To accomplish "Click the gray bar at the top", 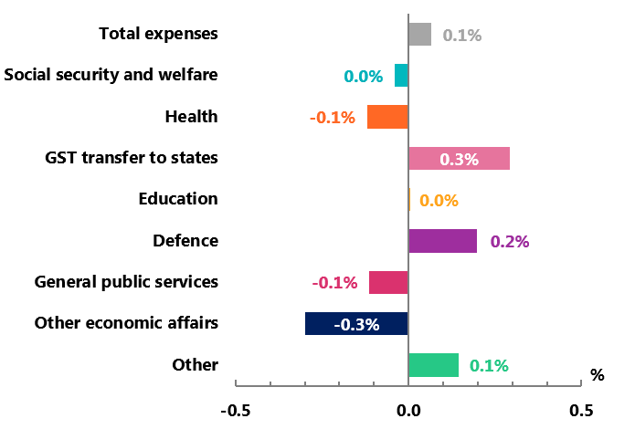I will (419, 35).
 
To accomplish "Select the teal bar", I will (401, 76).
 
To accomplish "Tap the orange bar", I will (387, 117).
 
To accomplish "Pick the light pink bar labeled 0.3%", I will (459, 159).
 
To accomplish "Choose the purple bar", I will (442, 241).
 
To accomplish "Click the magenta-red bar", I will (388, 282).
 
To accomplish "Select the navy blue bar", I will (356, 324).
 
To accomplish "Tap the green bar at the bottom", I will (433, 365).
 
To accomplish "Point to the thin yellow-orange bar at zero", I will (409, 200).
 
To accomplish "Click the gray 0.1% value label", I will (462, 36).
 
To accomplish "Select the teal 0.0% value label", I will (363, 77).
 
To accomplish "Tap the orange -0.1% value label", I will (333, 118).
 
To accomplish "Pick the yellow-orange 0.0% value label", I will (439, 201).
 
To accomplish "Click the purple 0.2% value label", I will (510, 242).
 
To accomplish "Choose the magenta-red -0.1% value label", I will (334, 283).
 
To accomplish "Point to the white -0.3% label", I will (356, 324).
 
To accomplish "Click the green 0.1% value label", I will (489, 366).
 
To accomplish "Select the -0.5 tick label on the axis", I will (236, 411).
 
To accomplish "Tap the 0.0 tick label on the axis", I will (408, 411).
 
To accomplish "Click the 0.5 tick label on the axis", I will (581, 411).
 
